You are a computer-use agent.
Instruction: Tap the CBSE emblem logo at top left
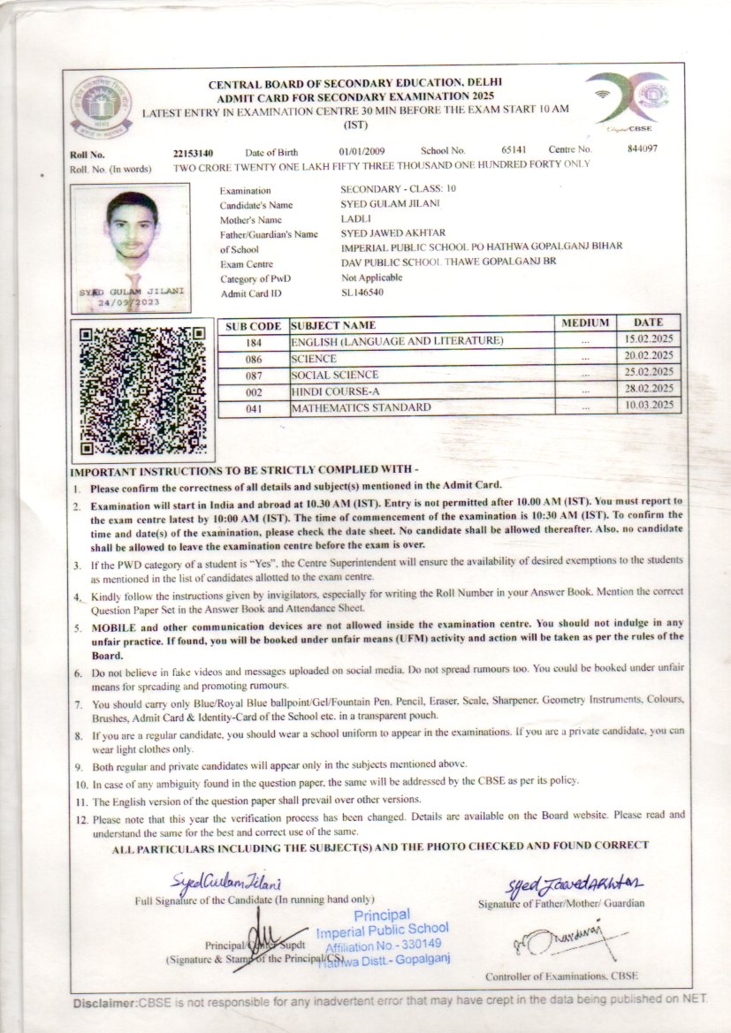pyautogui.click(x=104, y=102)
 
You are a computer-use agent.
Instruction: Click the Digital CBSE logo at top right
pyautogui.click(x=628, y=98)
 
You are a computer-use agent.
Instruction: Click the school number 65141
pyautogui.click(x=513, y=151)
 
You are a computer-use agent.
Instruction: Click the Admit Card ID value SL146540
pyautogui.click(x=362, y=292)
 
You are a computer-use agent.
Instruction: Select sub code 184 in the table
pyautogui.click(x=255, y=342)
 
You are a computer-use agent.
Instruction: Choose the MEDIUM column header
pyautogui.click(x=585, y=323)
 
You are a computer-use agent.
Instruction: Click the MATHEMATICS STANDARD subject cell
pyautogui.click(x=362, y=407)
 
